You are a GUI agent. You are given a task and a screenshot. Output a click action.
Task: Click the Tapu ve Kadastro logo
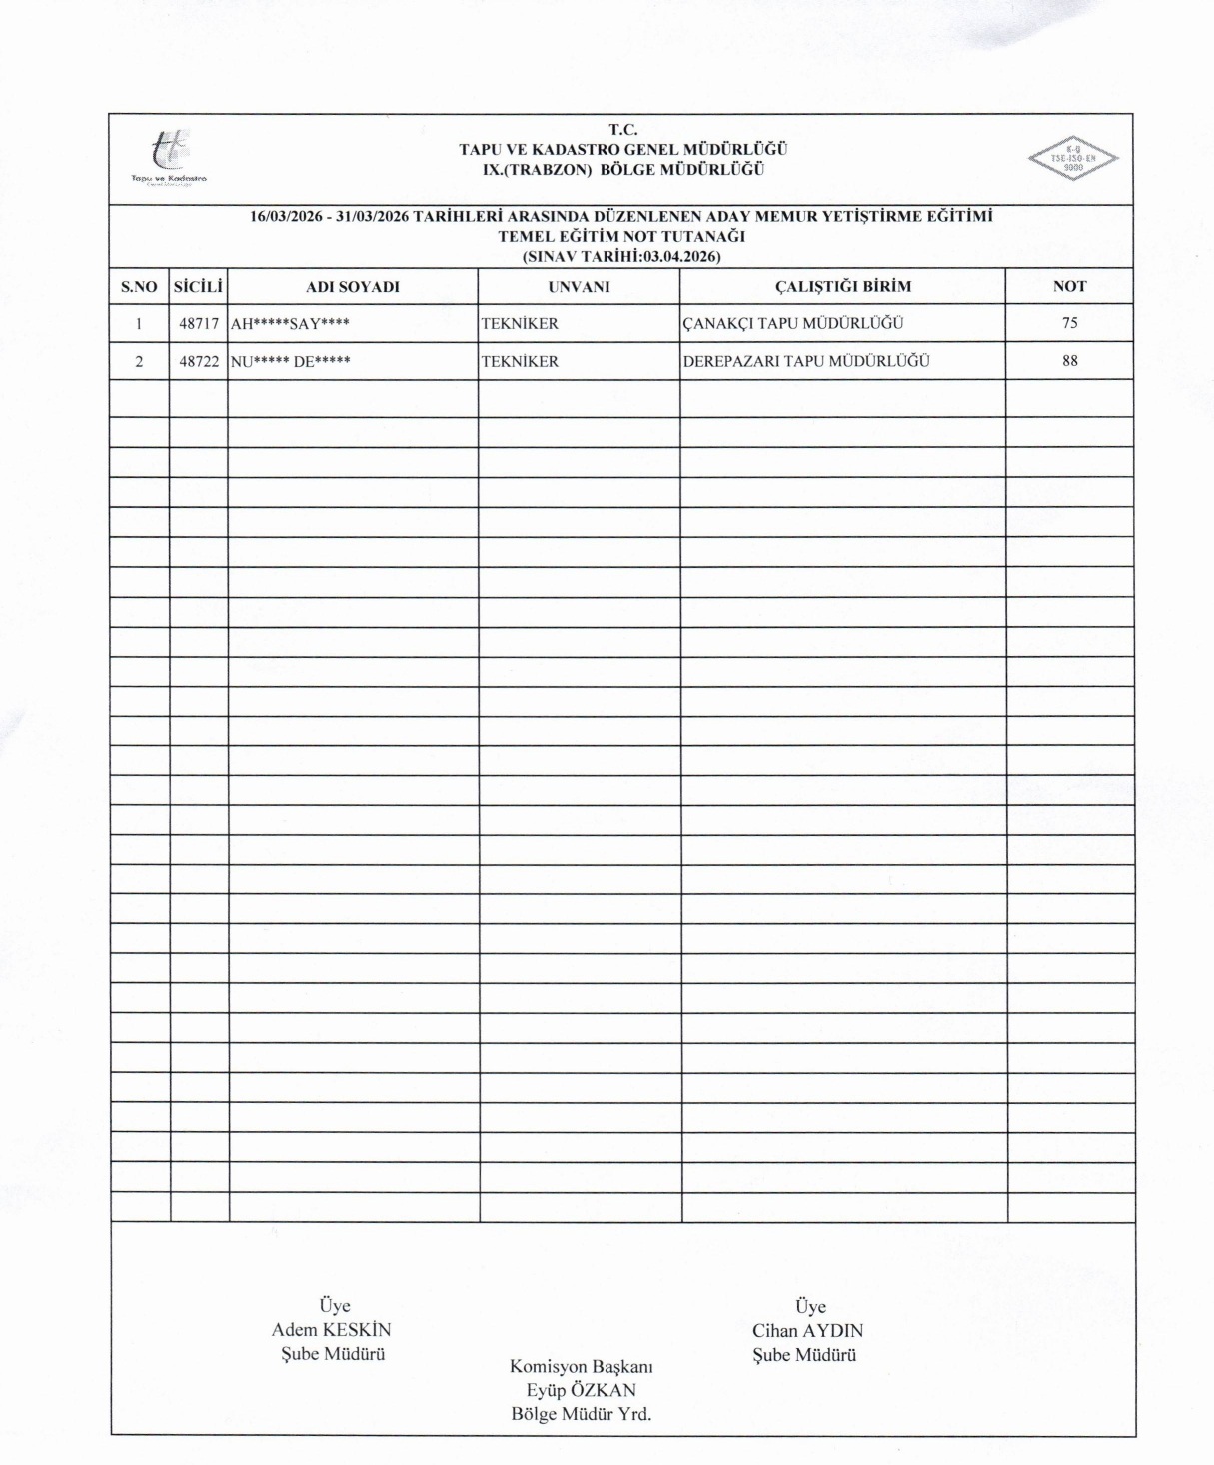(168, 157)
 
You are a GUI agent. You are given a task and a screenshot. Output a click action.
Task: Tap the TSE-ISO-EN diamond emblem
(1073, 158)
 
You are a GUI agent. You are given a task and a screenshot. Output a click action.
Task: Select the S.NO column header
(139, 287)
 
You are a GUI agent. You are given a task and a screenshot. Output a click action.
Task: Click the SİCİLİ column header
(198, 287)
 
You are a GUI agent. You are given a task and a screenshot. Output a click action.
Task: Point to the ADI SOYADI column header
(352, 287)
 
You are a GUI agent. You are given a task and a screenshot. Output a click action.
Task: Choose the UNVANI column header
(578, 287)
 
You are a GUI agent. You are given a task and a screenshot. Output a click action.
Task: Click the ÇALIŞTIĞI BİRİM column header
(842, 287)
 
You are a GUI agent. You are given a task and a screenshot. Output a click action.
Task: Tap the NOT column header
(1069, 287)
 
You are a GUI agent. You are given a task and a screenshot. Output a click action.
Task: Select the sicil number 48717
(199, 324)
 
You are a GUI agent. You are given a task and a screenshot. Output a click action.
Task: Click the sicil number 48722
(199, 362)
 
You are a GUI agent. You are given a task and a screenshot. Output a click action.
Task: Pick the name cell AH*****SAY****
(290, 324)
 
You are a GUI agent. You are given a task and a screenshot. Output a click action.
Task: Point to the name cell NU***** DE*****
(291, 362)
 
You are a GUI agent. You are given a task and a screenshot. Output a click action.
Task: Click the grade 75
(1070, 323)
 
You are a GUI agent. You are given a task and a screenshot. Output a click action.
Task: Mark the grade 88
(1070, 361)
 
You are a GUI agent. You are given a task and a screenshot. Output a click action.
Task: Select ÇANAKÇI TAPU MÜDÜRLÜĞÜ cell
(792, 324)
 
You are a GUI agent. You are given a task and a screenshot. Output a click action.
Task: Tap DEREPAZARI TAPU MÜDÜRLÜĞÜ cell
(806, 361)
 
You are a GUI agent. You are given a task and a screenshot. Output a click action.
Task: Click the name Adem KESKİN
(331, 1330)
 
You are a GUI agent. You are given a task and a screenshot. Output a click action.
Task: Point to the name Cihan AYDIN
(807, 1331)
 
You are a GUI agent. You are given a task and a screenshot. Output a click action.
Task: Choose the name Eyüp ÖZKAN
(581, 1390)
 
